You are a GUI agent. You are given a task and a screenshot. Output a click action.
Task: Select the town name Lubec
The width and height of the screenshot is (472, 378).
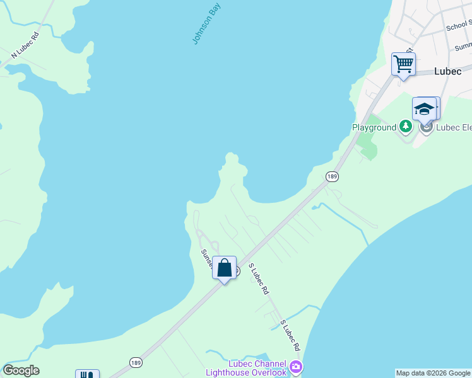(x=449, y=72)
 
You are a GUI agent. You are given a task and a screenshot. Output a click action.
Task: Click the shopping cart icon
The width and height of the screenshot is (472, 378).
(x=403, y=64)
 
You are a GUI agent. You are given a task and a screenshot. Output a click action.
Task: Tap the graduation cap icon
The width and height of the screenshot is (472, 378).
(x=425, y=109)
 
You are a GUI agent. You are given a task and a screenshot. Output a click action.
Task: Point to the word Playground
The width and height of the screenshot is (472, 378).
(x=374, y=128)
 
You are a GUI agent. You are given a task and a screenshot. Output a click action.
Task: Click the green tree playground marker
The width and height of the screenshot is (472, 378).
(x=406, y=127)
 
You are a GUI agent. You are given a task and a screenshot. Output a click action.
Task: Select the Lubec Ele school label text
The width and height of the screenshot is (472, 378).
(x=454, y=128)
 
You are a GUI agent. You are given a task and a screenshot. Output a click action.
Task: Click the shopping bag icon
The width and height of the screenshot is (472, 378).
(x=224, y=268)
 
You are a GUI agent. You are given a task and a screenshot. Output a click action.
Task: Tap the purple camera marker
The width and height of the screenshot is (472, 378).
(x=296, y=367)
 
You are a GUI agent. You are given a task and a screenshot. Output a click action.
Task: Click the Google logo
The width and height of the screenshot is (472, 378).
(x=21, y=370)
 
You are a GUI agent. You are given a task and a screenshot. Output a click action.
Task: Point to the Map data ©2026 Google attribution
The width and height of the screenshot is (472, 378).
(x=434, y=373)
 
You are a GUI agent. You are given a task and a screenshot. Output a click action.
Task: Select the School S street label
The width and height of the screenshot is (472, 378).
(x=459, y=26)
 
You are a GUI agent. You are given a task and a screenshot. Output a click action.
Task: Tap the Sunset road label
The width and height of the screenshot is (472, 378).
(x=206, y=256)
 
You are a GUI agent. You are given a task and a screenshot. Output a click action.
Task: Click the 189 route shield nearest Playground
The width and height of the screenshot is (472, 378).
(x=332, y=177)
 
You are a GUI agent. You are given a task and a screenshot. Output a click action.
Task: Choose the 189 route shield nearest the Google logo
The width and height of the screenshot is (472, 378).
(x=136, y=362)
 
